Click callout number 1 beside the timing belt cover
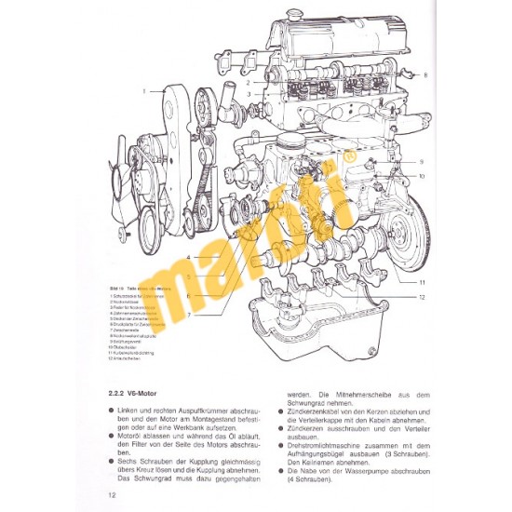tap(145, 91)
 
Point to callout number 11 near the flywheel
tap(421, 279)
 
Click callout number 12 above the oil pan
tap(421, 296)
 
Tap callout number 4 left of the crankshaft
tap(189, 256)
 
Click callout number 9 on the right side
tap(421, 161)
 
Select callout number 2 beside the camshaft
tap(249, 82)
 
